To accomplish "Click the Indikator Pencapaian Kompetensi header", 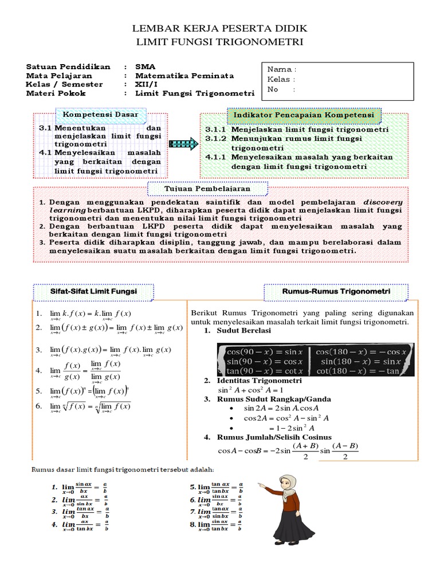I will [x=304, y=116].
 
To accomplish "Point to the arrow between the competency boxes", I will [x=183, y=144].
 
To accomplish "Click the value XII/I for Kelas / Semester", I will [x=147, y=84].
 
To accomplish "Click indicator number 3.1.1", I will [x=297, y=129].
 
